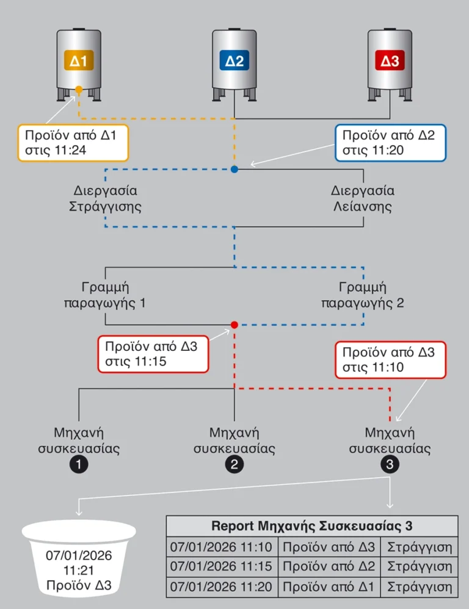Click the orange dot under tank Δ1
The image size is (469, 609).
click(x=79, y=90)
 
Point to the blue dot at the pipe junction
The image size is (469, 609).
click(x=234, y=169)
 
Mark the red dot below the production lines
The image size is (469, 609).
click(x=234, y=325)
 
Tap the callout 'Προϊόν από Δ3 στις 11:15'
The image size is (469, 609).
click(x=153, y=353)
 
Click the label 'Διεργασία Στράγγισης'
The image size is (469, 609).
click(x=105, y=198)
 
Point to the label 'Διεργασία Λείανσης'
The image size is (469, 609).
click(x=363, y=198)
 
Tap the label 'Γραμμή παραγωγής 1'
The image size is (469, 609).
click(x=105, y=294)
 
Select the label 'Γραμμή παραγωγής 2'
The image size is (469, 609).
click(x=363, y=294)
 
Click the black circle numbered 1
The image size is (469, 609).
click(x=79, y=465)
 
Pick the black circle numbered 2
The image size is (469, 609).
click(x=234, y=465)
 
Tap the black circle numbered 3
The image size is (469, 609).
click(x=390, y=465)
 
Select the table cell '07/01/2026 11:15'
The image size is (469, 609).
click(x=222, y=566)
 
